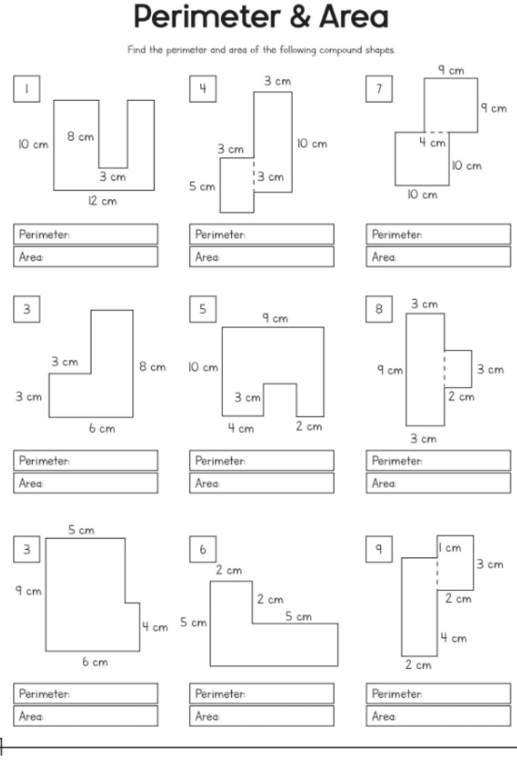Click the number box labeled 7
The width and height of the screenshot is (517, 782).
tap(378, 89)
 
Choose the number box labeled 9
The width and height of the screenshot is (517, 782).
tap(378, 550)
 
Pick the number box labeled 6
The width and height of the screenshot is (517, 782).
tap(202, 550)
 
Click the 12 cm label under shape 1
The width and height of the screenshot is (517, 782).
tap(104, 201)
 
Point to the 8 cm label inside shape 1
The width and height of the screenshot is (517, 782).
tap(80, 137)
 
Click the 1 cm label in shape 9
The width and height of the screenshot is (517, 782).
tap(449, 548)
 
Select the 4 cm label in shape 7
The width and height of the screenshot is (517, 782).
tap(436, 143)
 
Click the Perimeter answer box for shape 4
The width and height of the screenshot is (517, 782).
tap(261, 234)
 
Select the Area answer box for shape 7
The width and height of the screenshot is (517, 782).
tap(437, 256)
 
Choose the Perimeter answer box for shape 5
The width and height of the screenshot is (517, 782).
tap(261, 461)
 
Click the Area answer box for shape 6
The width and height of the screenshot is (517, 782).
tap(261, 716)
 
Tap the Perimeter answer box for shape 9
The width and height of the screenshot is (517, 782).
tap(437, 694)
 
